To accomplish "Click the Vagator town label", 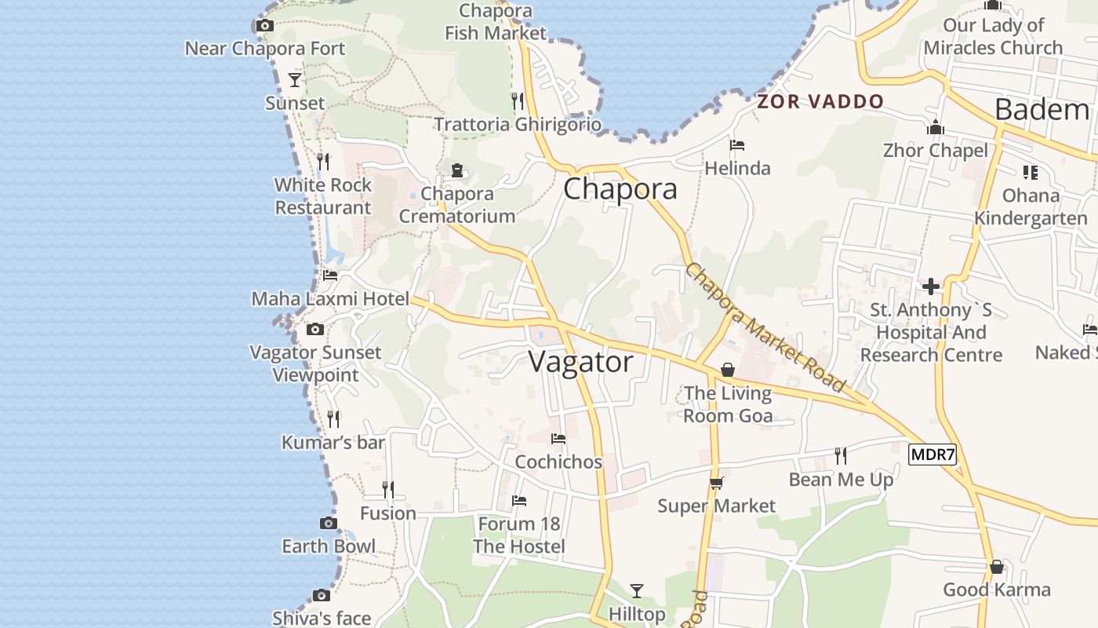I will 580,362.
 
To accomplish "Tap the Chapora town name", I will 620,189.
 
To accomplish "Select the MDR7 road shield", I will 933,454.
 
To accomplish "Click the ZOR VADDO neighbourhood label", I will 820,101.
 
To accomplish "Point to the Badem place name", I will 1042,109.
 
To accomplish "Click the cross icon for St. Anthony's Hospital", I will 931,287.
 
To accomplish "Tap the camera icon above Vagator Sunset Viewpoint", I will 315,329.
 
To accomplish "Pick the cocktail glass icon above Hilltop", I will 637,590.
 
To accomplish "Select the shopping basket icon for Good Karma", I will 996,566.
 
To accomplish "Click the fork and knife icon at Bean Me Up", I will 841,455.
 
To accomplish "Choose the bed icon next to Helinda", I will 736,145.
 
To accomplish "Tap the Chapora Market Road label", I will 765,327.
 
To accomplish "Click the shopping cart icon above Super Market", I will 716,483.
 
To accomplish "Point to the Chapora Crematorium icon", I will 457,170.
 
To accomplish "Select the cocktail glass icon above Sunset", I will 295,79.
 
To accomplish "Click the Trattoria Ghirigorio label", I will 518,125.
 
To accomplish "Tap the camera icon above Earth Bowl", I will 329,523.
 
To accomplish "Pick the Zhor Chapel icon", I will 935,127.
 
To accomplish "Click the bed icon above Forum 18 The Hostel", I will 518,501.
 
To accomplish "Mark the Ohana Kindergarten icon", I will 1030,172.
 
